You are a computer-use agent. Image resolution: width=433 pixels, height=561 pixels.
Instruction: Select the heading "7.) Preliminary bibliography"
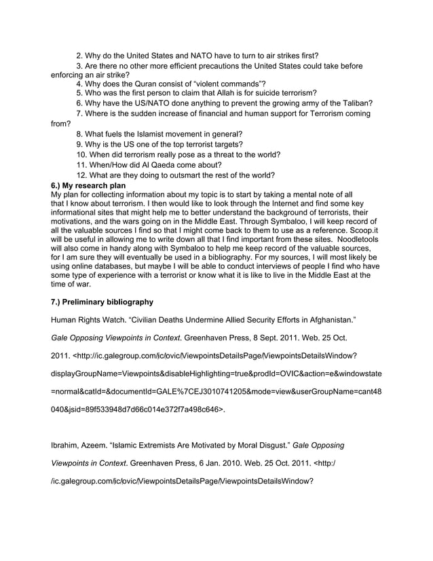[x=102, y=302]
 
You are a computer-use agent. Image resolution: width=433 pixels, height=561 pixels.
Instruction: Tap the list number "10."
[x=83, y=154]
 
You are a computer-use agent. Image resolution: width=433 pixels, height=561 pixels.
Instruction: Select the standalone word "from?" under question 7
[x=61, y=124]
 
